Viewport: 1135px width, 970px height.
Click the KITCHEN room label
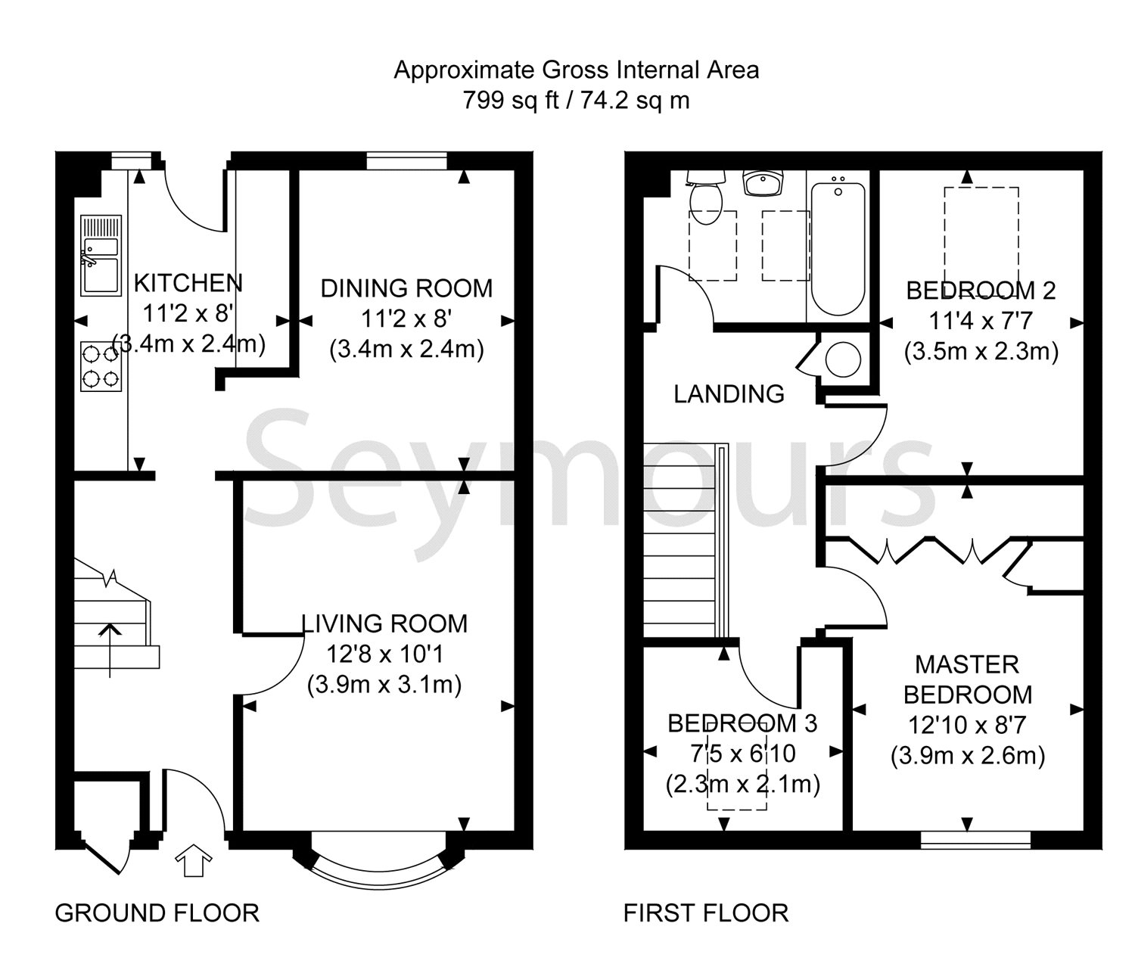(188, 283)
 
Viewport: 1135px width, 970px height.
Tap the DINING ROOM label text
(406, 289)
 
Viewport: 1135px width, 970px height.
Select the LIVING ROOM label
(384, 623)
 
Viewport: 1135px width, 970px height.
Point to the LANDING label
(729, 394)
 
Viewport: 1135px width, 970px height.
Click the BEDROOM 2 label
(981, 291)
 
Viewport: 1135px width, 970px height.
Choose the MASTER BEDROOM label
(968, 679)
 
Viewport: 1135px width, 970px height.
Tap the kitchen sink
(101, 255)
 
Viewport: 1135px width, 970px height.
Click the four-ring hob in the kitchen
(101, 367)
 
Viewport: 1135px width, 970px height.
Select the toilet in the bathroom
(707, 197)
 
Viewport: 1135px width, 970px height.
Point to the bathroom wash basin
(763, 182)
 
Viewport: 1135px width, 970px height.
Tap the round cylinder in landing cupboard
(843, 359)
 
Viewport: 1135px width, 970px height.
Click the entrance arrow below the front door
(193, 860)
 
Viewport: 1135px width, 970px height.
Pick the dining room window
(407, 161)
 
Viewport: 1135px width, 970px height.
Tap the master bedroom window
(976, 840)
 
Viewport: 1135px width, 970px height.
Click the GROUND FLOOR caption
(157, 913)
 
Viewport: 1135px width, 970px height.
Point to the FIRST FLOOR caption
(706, 913)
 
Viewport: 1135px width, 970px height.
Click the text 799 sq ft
(511, 101)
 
